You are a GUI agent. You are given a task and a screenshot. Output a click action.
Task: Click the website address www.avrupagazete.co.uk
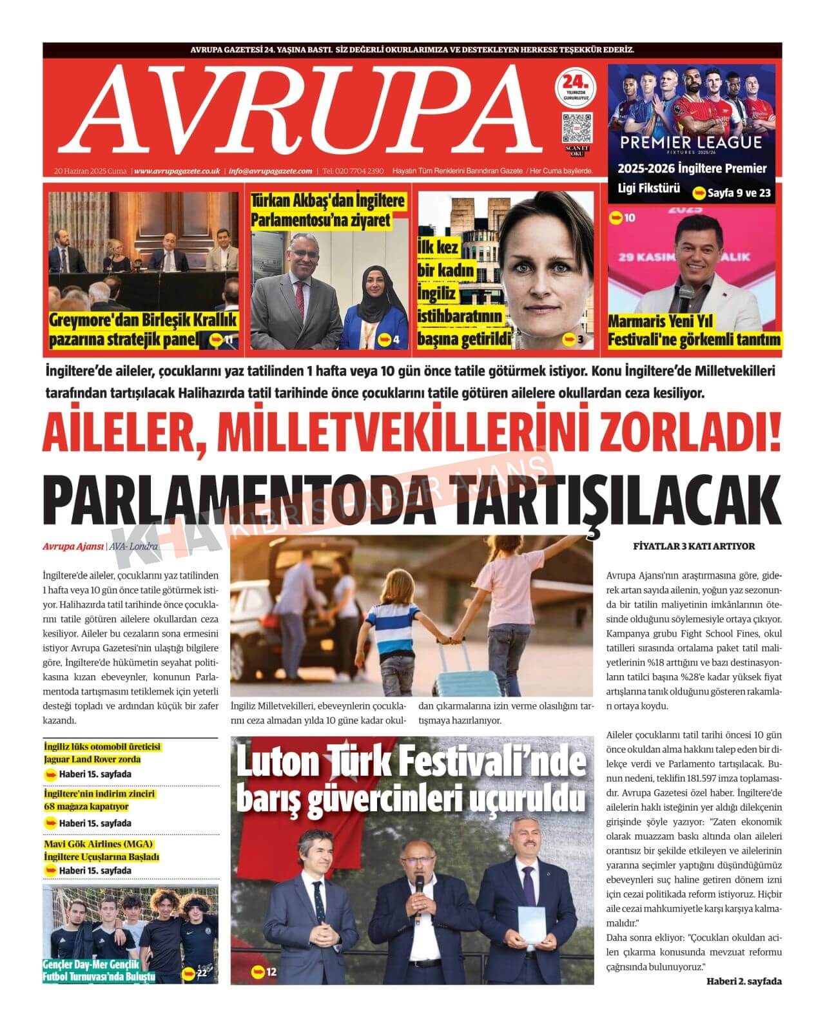click(178, 171)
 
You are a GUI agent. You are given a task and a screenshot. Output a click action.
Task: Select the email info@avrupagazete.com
click(271, 171)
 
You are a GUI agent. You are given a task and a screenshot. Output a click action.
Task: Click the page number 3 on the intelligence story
click(580, 340)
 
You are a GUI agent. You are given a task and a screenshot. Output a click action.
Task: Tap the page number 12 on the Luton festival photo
click(271, 972)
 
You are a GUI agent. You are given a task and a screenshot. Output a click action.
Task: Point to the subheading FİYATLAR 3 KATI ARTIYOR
click(694, 546)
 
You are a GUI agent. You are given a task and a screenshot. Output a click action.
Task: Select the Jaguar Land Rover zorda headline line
click(92, 759)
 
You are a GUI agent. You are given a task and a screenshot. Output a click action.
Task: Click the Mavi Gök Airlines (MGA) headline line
click(99, 844)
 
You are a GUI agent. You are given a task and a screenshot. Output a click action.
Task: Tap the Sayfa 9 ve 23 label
click(739, 193)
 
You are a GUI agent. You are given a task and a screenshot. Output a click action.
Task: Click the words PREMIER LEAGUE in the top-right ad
click(691, 142)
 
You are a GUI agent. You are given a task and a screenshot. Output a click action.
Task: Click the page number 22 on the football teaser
click(202, 973)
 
